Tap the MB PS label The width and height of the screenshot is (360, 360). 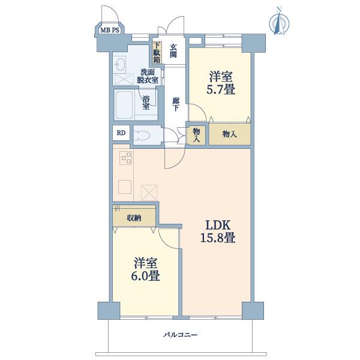[110, 30]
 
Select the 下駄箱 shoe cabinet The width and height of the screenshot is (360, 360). [157, 53]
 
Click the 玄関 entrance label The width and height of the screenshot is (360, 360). [173, 51]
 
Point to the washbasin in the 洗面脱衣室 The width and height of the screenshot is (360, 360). [121, 64]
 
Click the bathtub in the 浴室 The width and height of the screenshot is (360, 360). [124, 104]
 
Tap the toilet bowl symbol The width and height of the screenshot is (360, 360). [142, 135]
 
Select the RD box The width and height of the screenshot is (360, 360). [121, 133]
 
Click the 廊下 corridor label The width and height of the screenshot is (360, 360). [176, 104]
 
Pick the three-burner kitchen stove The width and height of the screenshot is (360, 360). [126, 158]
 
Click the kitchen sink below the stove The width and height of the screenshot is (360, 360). [125, 187]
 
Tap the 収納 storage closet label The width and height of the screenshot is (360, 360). [134, 218]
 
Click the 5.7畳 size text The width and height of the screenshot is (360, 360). [221, 89]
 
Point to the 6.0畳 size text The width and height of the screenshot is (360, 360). [146, 276]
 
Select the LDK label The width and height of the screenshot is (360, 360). [218, 226]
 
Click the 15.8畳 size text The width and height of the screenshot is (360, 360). [218, 238]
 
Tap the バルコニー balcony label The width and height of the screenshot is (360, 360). [181, 335]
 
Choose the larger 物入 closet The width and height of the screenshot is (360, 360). [230, 134]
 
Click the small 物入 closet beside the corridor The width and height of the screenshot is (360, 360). [196, 135]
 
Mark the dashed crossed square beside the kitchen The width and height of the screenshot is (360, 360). [149, 193]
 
